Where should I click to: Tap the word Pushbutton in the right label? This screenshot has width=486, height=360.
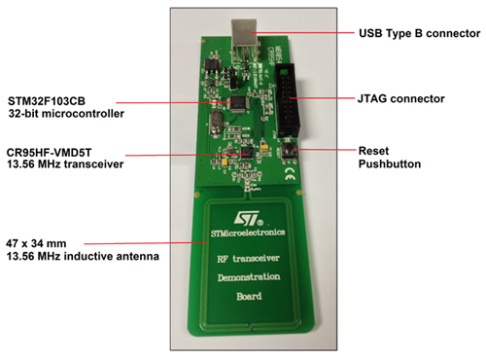tap(389, 165)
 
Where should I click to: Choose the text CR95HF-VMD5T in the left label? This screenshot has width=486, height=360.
tap(49, 153)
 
